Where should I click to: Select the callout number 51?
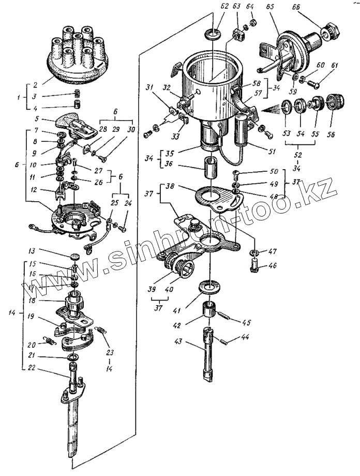point(272,151)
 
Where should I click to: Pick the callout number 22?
point(32,367)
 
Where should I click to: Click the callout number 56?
point(329,134)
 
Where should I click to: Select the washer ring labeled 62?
point(212,35)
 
